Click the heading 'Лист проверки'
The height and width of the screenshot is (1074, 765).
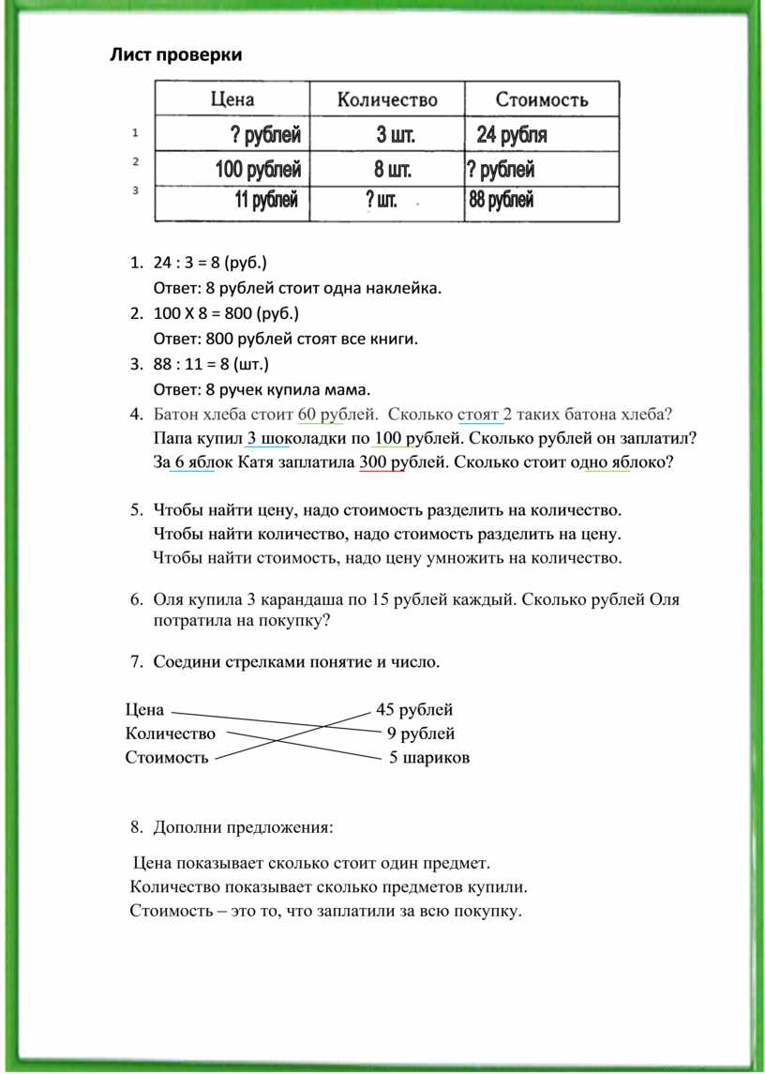(x=176, y=54)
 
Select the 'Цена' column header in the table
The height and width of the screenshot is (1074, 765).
(x=232, y=99)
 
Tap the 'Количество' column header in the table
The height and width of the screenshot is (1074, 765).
(x=387, y=99)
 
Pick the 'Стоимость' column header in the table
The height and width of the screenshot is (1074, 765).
(x=541, y=99)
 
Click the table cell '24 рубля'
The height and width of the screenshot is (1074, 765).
(x=512, y=136)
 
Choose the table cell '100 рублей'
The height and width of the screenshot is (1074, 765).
(x=258, y=171)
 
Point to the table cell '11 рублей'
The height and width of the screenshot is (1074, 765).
(x=266, y=200)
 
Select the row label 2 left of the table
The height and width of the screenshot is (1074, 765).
(x=136, y=161)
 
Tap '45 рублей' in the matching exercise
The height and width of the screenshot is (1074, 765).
(x=414, y=709)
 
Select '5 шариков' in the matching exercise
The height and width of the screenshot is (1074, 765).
(x=429, y=757)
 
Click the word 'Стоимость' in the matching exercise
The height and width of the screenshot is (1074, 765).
(x=167, y=758)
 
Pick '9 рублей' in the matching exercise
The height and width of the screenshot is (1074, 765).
(x=421, y=734)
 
